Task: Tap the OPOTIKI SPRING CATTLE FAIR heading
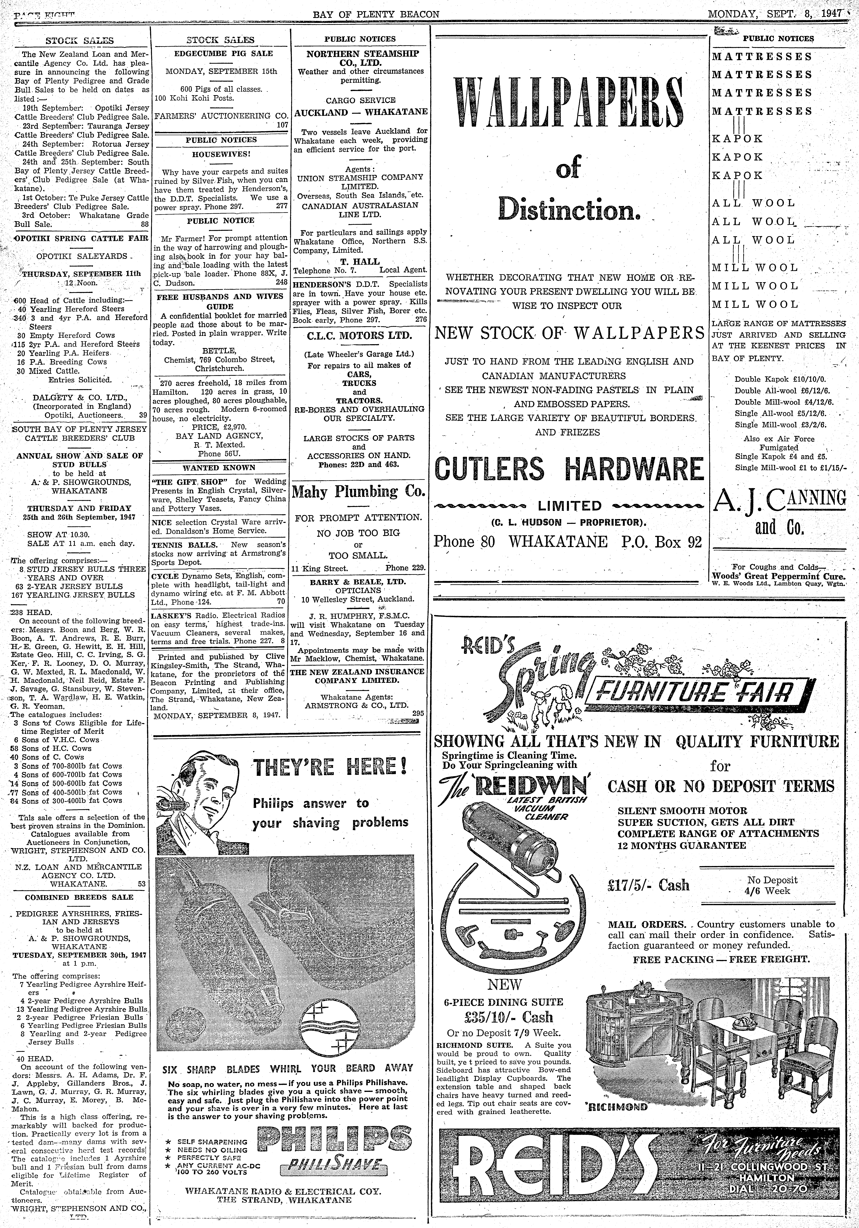coord(80,239)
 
